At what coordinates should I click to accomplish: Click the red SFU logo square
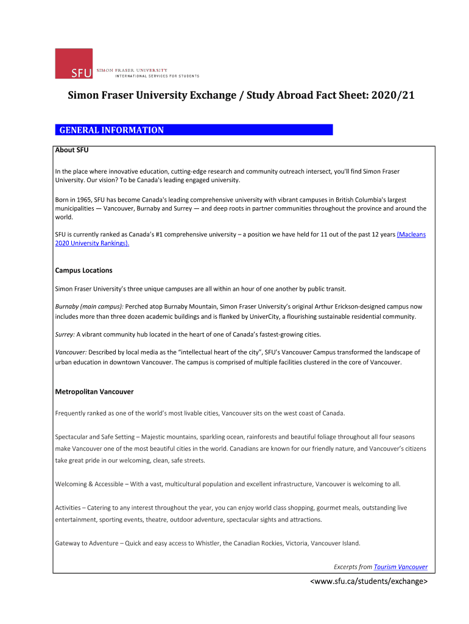click(74, 63)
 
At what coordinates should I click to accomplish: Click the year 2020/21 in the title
click(390, 96)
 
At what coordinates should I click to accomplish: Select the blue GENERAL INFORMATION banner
click(194, 130)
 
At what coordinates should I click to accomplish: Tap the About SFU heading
click(72, 150)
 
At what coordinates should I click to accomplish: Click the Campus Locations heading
click(83, 270)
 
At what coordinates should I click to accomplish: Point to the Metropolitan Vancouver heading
click(94, 391)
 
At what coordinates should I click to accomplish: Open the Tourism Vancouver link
click(400, 567)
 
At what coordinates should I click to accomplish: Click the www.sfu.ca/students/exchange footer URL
click(369, 581)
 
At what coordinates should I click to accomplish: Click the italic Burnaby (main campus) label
click(89, 307)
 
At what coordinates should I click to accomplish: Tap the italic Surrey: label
click(65, 335)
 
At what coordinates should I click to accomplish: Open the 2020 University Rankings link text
click(92, 243)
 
